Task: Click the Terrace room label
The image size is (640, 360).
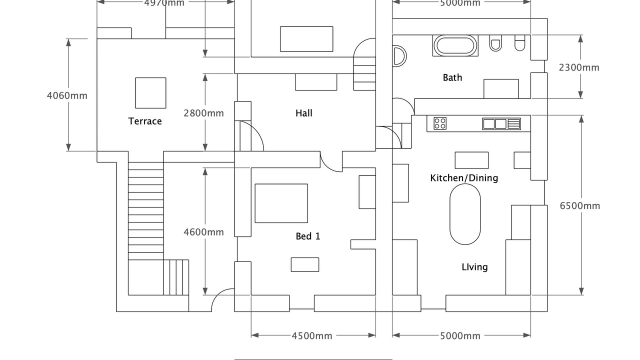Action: tap(145, 121)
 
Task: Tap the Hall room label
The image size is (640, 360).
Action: tap(304, 113)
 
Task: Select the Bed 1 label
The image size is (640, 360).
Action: tap(307, 236)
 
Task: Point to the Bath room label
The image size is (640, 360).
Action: tap(452, 77)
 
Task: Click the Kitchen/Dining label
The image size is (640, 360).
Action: tap(464, 178)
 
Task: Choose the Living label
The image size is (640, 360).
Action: tap(474, 267)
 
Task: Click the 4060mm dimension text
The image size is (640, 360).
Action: tap(67, 95)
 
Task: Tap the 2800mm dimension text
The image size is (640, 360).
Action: tap(203, 113)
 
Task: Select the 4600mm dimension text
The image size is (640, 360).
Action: tap(203, 232)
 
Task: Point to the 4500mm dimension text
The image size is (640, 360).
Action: tap(312, 336)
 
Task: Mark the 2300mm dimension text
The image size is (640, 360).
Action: tap(579, 67)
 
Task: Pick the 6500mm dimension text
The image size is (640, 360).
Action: tap(580, 206)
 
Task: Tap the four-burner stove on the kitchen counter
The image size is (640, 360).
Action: tap(440, 123)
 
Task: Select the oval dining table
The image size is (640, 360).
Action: tap(465, 214)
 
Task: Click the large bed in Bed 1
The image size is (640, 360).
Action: tap(281, 203)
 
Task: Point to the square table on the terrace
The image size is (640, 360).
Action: tap(150, 92)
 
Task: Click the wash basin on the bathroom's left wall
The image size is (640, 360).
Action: tap(399, 56)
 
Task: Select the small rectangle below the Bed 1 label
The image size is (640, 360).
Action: tap(305, 264)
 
